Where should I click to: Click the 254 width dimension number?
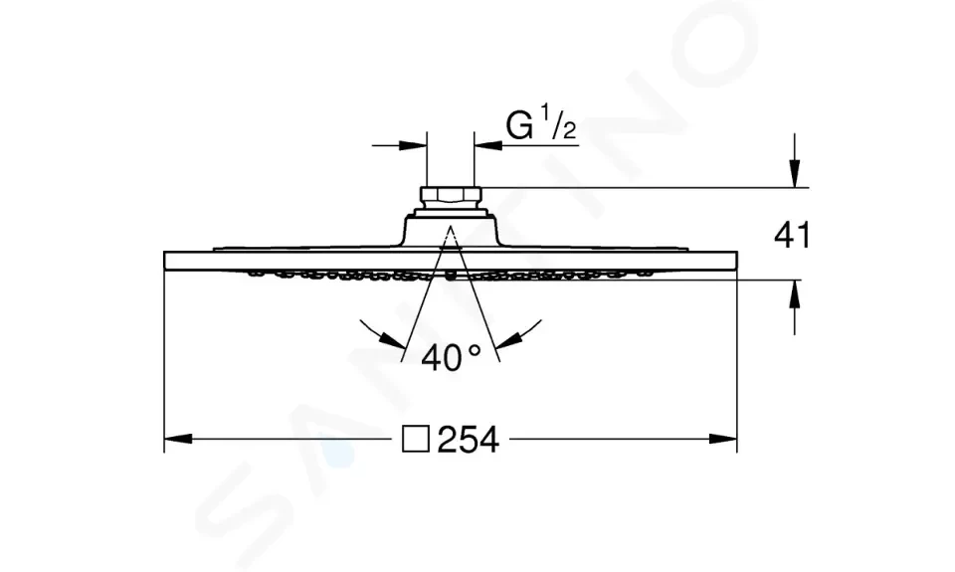coord(469,440)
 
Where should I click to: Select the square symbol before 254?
coord(416,440)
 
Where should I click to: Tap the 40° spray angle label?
coord(452,357)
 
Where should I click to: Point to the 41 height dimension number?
coord(793,235)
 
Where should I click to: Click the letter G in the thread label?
coord(519,125)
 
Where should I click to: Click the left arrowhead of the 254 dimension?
coord(178,439)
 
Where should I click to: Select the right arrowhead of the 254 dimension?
coord(723,439)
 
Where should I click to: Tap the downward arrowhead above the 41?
coord(794,174)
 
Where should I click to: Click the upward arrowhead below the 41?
coord(794,294)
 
